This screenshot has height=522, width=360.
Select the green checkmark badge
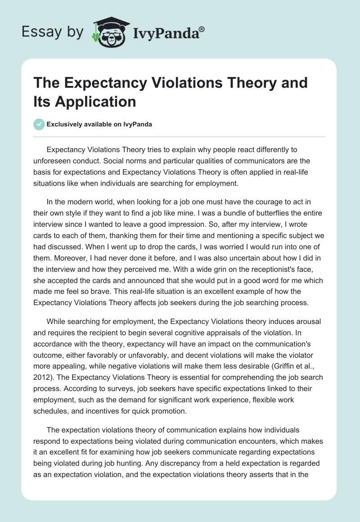39,124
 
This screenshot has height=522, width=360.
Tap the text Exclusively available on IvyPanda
100,124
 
